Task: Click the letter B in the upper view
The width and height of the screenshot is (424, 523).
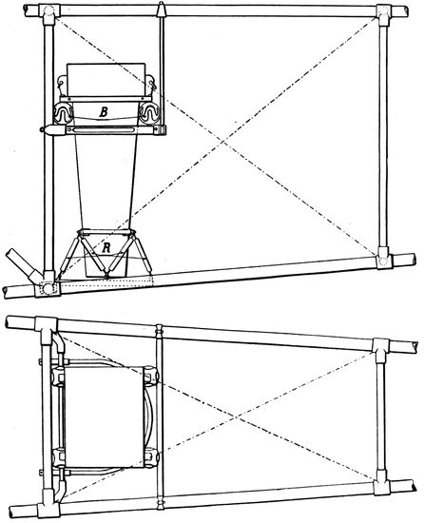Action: (x=104, y=112)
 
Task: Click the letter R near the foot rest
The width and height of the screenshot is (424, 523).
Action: (x=106, y=247)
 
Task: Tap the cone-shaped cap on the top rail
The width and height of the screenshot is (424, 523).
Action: (x=161, y=9)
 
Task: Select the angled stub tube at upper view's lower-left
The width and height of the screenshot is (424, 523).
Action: (x=24, y=266)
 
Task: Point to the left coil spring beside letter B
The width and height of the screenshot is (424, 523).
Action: (x=63, y=113)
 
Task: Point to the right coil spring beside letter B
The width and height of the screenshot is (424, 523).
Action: (x=149, y=113)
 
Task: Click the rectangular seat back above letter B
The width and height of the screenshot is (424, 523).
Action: (x=106, y=79)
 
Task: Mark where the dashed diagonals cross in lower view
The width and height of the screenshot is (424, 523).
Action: (x=238, y=416)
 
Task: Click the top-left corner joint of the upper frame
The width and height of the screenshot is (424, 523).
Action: (x=48, y=14)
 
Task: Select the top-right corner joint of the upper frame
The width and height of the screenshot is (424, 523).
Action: (x=384, y=15)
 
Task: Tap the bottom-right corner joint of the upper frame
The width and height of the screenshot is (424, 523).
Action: (x=384, y=258)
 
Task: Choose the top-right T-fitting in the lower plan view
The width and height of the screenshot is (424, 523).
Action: (x=381, y=349)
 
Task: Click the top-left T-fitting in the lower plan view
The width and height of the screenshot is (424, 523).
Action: (x=46, y=326)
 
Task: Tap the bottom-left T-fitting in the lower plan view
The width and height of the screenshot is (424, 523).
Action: (x=48, y=505)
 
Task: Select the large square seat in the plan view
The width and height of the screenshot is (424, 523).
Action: (x=104, y=417)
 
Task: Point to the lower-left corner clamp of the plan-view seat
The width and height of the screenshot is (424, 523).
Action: (x=59, y=458)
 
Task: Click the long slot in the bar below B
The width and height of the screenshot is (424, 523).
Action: (x=104, y=129)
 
